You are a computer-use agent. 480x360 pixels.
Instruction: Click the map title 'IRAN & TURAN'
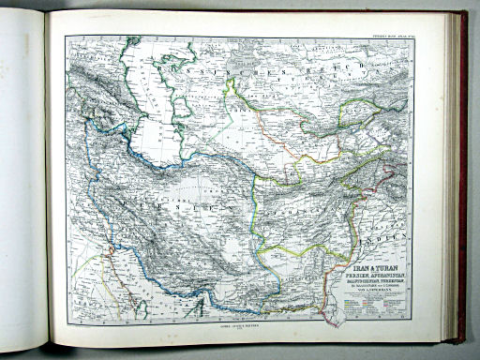point(378,264)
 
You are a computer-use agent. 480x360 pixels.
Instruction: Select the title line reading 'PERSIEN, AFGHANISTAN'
point(378,272)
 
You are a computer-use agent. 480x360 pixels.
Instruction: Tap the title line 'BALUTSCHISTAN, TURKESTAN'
point(378,278)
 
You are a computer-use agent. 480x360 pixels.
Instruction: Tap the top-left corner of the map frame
point(66,37)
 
